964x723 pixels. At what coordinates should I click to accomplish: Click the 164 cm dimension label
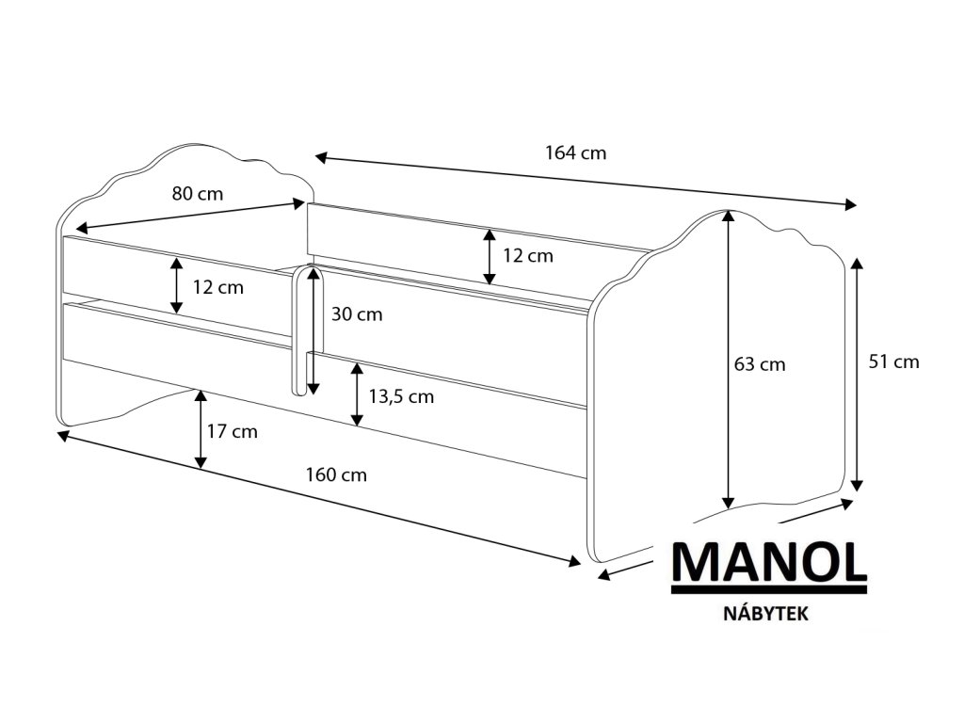tap(575, 153)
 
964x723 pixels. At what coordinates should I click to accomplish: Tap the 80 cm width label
tap(197, 194)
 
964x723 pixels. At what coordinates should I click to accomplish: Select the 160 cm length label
tap(336, 474)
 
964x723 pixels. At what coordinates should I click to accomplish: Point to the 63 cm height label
tap(760, 364)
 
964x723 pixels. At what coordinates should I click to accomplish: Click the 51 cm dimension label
tap(893, 361)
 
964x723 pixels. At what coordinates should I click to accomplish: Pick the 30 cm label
tap(357, 314)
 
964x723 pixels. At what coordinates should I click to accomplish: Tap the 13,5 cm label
tap(401, 396)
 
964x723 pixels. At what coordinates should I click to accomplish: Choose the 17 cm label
tap(232, 432)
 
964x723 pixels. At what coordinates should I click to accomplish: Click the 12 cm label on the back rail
tap(527, 255)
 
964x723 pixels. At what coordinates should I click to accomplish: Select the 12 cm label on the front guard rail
tap(217, 287)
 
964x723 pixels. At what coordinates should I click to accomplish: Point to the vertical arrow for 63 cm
tap(728, 358)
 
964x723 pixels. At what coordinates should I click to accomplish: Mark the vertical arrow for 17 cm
tap(201, 429)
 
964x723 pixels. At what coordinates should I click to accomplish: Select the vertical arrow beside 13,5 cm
tap(357, 394)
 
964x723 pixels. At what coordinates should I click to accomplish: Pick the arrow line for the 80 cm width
tap(193, 215)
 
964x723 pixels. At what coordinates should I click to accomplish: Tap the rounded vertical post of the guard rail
tap(298, 329)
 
